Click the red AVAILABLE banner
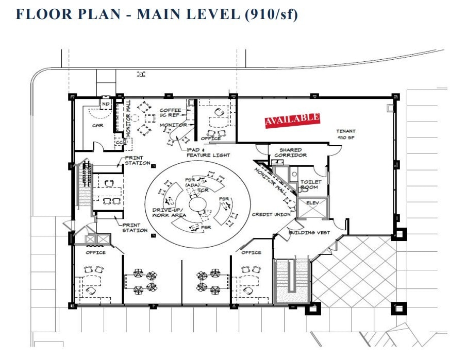[x=292, y=119]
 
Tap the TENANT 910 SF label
[x=346, y=134]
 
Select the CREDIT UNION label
[x=271, y=214]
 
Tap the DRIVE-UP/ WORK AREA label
[x=169, y=213]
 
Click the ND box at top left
[x=106, y=105]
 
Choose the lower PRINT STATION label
[x=135, y=227]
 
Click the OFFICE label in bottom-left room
[x=95, y=252]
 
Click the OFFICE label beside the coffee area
[x=211, y=138]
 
